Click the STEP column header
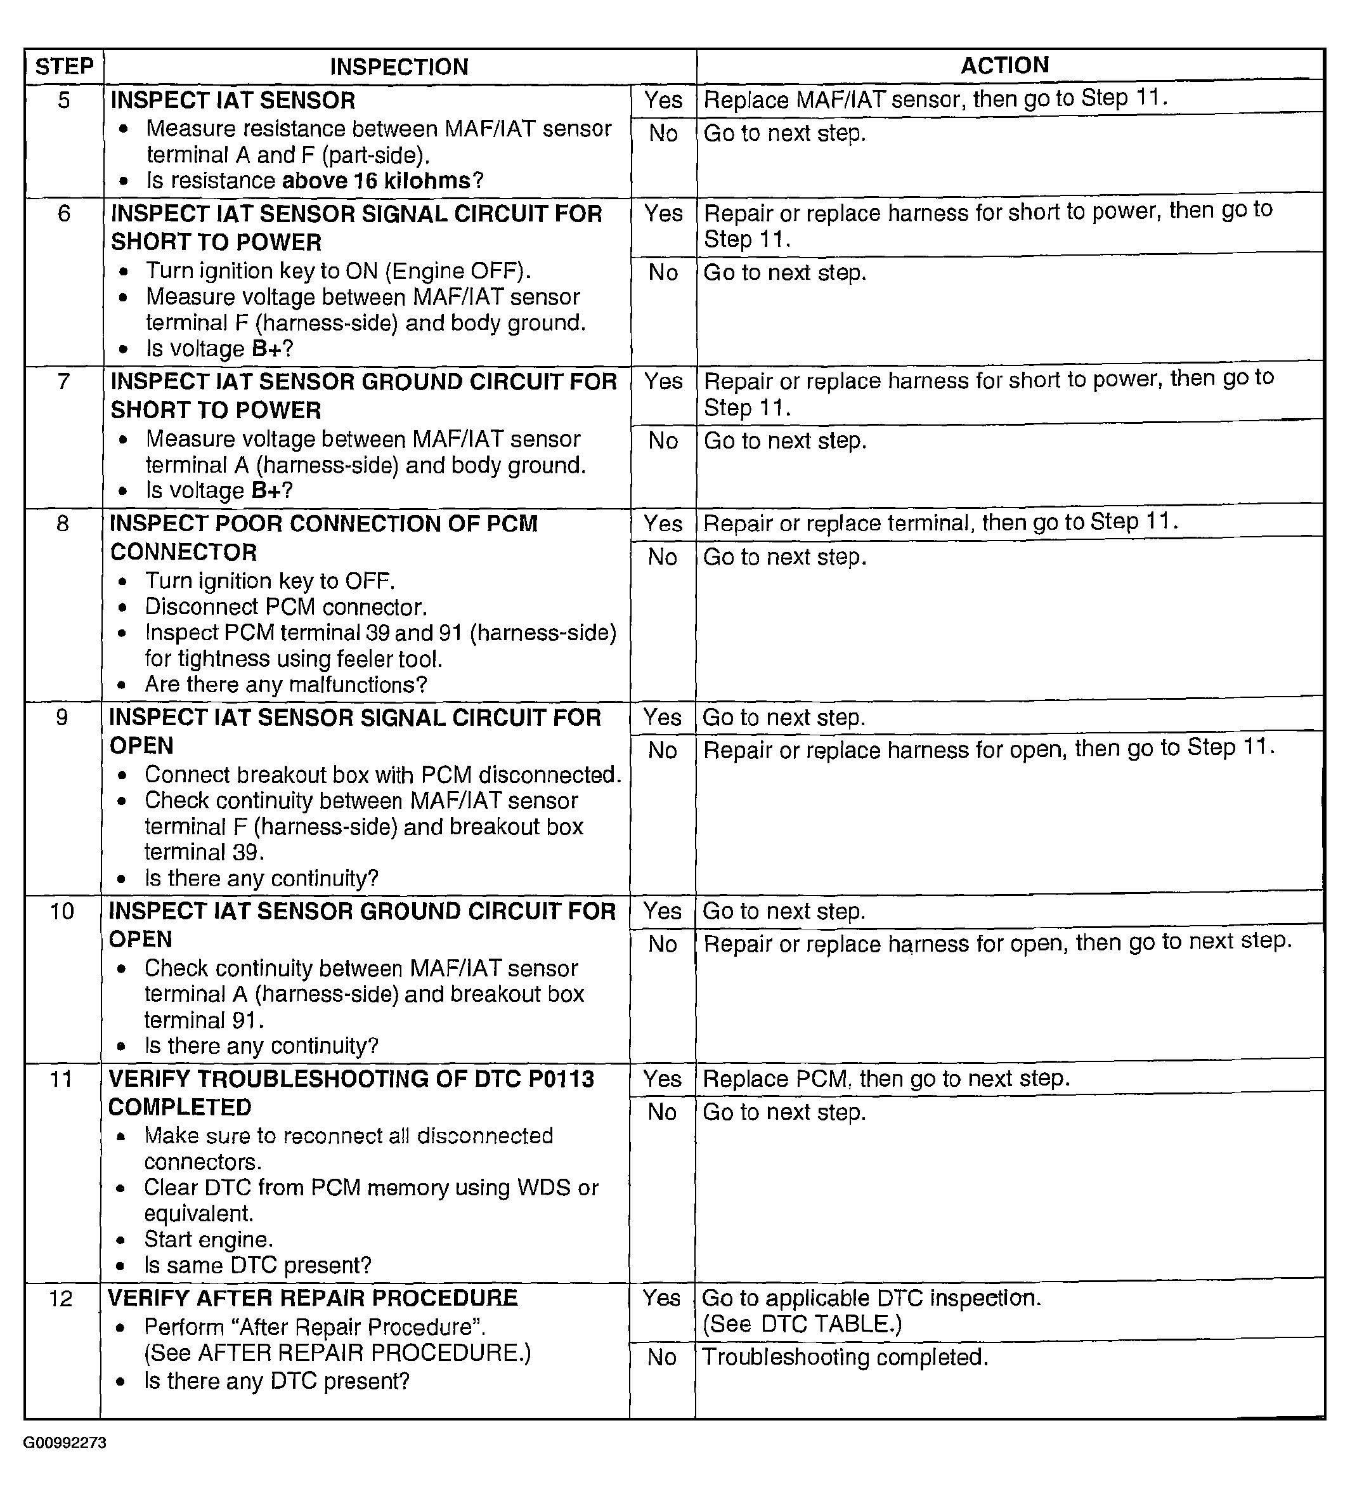(x=65, y=67)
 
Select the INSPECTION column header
(x=398, y=67)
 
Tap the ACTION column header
(x=1004, y=65)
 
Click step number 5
(x=64, y=100)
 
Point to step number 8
(x=63, y=524)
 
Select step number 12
(x=61, y=1298)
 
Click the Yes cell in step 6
(x=663, y=214)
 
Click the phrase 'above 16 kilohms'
(x=377, y=181)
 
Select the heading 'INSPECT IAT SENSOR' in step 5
(x=232, y=100)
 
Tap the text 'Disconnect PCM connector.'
(x=285, y=607)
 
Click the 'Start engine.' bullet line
(x=209, y=1239)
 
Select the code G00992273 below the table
(x=65, y=1443)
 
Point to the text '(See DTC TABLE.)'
(x=802, y=1324)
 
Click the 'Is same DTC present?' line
(x=257, y=1265)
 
